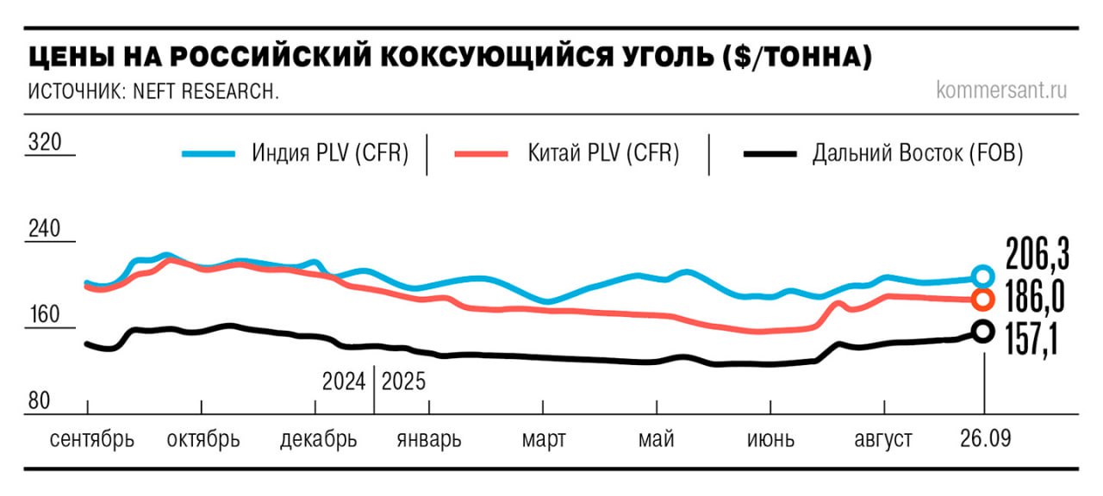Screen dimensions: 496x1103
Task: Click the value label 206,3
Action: tap(1038, 255)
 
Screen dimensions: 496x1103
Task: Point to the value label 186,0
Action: tap(1035, 298)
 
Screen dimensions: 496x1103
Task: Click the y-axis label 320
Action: tap(45, 142)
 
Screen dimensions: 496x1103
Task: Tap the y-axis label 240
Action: tap(45, 229)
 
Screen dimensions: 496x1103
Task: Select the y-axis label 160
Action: tap(45, 314)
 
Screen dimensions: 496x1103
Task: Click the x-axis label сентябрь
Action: tap(92, 439)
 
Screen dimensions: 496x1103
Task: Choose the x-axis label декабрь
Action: tap(318, 439)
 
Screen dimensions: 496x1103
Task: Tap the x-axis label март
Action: tap(544, 439)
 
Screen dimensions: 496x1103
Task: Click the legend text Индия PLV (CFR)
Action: tap(330, 154)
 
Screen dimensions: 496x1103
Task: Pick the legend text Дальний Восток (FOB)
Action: tap(917, 154)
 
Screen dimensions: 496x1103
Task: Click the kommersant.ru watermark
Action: tap(1001, 90)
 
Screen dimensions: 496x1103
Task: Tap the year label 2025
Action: tap(403, 381)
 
